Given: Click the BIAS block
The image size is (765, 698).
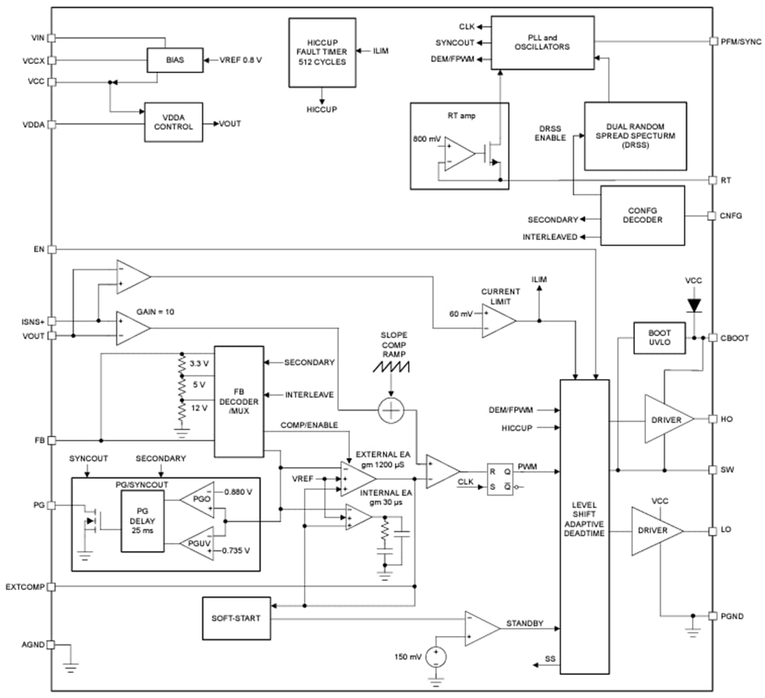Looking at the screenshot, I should click(175, 61).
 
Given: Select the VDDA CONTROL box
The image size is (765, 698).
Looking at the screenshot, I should click(174, 122).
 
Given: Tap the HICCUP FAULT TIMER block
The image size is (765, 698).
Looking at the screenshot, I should click(321, 52).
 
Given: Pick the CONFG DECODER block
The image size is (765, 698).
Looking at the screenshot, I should click(642, 215).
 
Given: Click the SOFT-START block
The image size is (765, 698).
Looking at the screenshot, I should click(236, 618).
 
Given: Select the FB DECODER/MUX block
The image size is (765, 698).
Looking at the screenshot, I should click(239, 402).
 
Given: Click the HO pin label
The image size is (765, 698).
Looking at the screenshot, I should click(727, 419).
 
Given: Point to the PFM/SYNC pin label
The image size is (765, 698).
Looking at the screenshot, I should click(742, 42).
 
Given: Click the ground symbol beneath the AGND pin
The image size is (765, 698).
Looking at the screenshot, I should click(70, 667).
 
